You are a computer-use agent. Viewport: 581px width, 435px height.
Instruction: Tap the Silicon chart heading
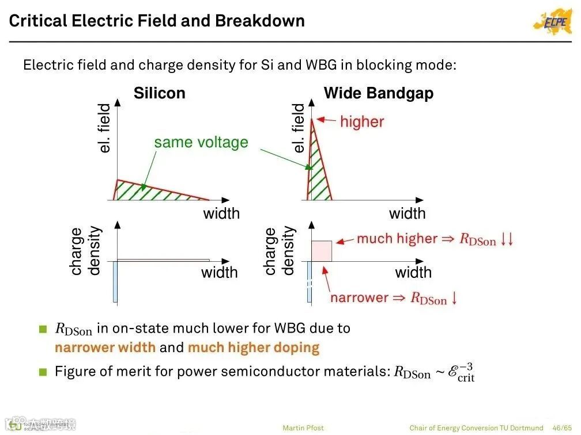click(x=160, y=93)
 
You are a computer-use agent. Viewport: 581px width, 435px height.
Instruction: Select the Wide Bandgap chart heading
click(x=379, y=93)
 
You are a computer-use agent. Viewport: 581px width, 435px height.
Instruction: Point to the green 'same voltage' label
click(x=201, y=142)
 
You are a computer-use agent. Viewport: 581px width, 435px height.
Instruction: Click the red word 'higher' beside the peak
click(x=361, y=121)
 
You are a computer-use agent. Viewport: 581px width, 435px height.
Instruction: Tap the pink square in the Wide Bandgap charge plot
click(x=322, y=251)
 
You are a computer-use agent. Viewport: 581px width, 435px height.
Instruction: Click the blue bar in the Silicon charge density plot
click(x=115, y=281)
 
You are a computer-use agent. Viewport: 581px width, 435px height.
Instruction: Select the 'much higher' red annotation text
click(x=397, y=239)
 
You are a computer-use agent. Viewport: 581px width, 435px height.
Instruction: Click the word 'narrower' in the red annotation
click(x=359, y=298)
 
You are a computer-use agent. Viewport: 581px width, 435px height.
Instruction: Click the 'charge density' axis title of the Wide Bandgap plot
click(x=279, y=251)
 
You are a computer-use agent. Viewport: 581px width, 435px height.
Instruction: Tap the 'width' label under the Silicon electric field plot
click(x=221, y=213)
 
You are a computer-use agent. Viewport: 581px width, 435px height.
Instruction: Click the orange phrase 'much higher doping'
click(x=254, y=348)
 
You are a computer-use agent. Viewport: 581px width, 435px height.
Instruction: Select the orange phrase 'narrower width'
click(x=105, y=348)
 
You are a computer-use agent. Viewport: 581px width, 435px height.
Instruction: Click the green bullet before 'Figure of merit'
click(x=43, y=372)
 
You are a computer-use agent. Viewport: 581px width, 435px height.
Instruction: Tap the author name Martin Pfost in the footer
click(x=303, y=428)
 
